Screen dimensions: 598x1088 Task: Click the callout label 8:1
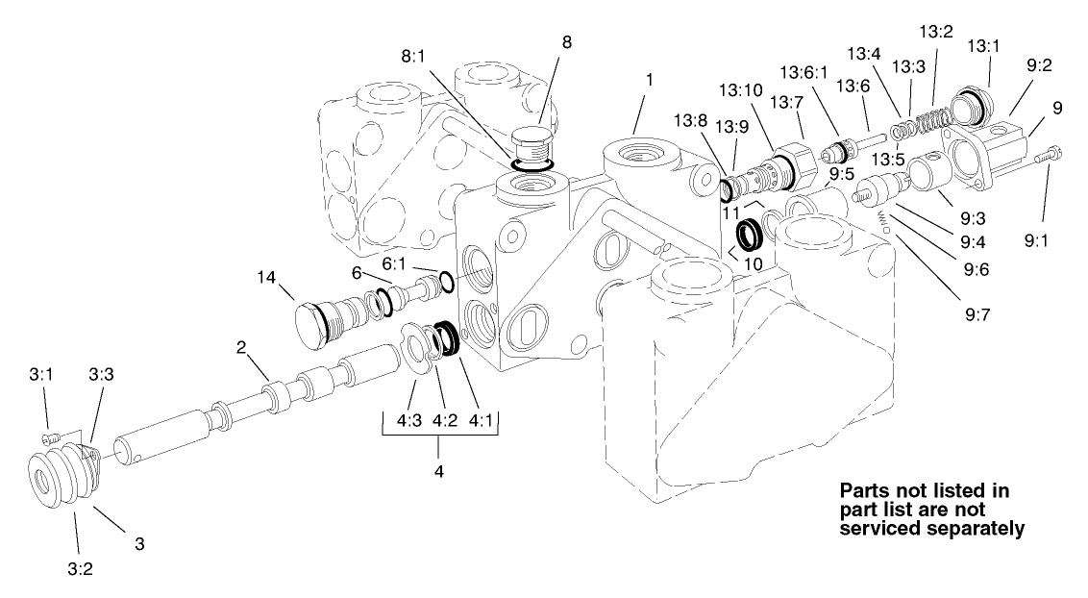coord(414,58)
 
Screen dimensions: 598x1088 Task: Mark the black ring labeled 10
coord(750,235)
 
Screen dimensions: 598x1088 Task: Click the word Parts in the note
coord(870,490)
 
